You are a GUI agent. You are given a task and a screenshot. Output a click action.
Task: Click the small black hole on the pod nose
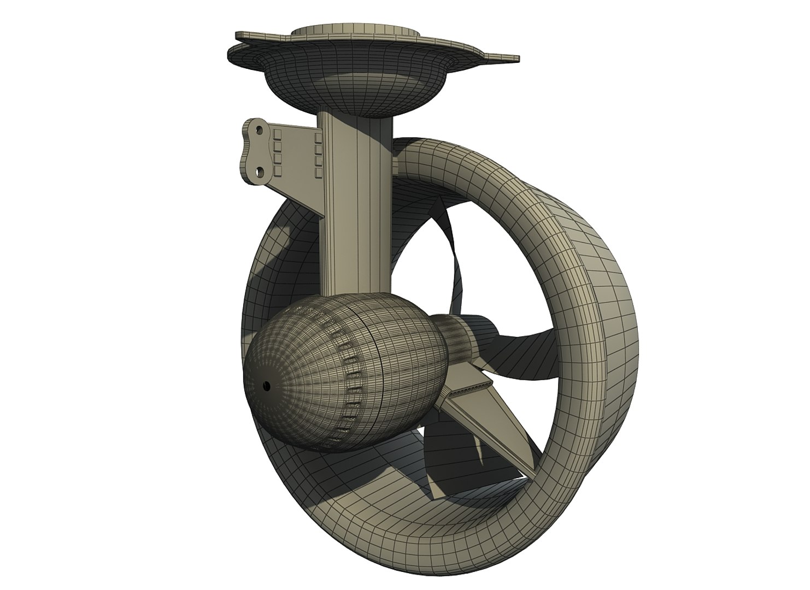tap(267, 386)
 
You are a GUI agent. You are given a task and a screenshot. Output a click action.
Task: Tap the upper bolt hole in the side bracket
tap(256, 130)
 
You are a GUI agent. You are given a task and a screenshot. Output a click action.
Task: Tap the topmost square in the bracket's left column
tap(277, 133)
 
